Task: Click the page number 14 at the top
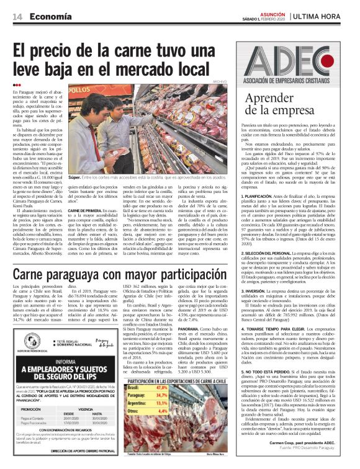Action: point(17,17)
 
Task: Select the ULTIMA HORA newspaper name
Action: point(325,16)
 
